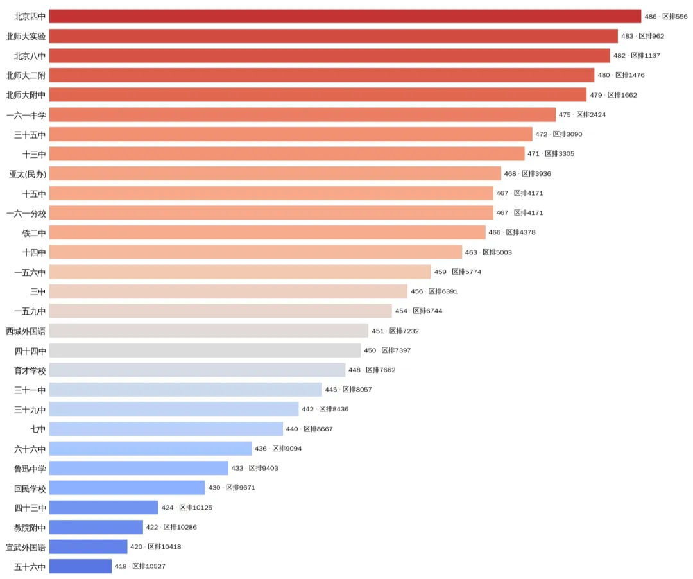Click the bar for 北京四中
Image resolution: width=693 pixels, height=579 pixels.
pos(345,16)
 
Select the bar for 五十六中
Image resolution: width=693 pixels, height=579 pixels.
pos(80,566)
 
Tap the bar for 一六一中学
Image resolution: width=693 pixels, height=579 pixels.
pos(302,114)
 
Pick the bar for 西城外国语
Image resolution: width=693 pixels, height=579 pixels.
pos(209,331)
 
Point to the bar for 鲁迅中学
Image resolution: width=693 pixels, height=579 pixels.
pos(139,468)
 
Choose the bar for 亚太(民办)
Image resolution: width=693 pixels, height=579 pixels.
pos(275,174)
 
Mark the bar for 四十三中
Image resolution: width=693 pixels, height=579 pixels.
pos(104,507)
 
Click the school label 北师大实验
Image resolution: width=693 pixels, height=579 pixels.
pos(26,36)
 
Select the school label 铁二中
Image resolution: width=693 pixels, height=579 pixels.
pos(34,232)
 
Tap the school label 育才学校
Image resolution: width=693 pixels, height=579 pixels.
pos(30,370)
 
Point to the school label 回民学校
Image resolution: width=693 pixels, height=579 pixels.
pos(30,488)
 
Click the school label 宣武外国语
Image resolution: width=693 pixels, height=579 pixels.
pos(26,547)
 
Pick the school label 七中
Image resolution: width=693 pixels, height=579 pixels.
pos(38,429)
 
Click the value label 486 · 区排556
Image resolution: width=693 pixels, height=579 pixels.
pos(666,16)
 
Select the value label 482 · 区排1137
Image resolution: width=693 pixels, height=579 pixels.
pos(637,56)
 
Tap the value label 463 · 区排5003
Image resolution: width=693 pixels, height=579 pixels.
pos(488,252)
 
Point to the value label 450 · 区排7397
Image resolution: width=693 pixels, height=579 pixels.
pos(387,350)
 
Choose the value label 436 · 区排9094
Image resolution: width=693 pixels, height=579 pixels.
pos(278,448)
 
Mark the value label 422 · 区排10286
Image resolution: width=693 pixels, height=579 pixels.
pos(171,527)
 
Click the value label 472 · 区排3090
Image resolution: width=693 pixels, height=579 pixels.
pos(559,134)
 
